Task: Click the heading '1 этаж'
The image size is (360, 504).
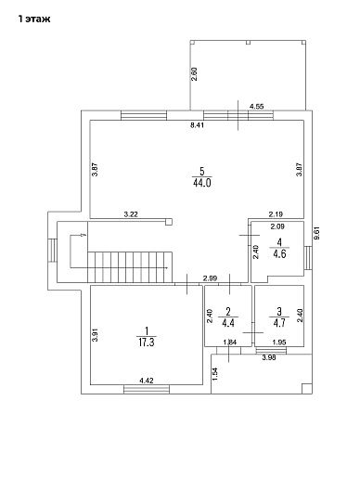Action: point(34,19)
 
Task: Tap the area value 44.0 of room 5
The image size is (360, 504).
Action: point(202,183)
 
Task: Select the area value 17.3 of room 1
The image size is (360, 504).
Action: point(147,342)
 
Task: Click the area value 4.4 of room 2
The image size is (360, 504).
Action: point(228,323)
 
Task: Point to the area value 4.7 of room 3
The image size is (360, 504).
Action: point(279,323)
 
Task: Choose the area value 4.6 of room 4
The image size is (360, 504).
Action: point(279,254)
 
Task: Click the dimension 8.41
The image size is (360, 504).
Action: point(197,125)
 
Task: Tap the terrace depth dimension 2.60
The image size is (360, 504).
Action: point(194,74)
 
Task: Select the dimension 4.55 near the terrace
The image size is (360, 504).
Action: point(257,107)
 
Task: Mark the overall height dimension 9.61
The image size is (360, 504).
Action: point(317,232)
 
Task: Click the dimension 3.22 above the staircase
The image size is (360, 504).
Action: point(131,214)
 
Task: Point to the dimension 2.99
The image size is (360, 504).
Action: point(211,278)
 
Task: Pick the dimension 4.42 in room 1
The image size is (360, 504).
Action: point(147,381)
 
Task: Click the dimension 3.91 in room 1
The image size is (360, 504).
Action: point(95,335)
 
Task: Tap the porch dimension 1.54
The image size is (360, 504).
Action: point(215,373)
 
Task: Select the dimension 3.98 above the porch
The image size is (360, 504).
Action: point(269,357)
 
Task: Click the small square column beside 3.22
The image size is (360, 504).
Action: point(169,222)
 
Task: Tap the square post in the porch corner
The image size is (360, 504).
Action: point(306,389)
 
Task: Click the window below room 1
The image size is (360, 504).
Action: point(147,389)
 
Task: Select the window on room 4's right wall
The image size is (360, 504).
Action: point(308,258)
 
